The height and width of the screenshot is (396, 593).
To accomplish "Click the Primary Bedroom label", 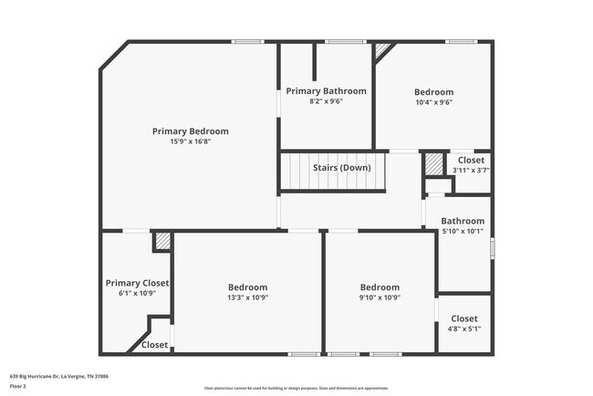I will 190,130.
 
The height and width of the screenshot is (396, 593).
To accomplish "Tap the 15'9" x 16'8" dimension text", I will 190,141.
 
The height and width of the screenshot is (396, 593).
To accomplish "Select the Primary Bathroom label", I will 326,90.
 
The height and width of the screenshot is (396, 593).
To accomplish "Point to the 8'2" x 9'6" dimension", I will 326,101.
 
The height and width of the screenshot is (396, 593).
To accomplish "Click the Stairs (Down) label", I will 341,168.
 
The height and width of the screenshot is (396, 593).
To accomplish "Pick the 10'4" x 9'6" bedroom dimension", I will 433,102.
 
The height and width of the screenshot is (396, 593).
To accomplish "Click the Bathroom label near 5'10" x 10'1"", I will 463,221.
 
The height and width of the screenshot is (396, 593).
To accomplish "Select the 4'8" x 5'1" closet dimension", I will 463,328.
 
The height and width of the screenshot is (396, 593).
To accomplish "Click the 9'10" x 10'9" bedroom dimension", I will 380,297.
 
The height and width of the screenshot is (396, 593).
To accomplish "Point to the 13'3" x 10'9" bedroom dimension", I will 248,297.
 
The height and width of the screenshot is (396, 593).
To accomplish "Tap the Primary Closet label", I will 137,283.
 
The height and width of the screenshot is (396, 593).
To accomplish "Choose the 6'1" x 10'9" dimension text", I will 137,293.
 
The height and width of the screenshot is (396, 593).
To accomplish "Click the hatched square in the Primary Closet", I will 161,240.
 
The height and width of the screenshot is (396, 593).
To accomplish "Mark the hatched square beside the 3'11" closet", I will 432,164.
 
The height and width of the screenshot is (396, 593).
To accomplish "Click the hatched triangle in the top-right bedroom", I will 382,50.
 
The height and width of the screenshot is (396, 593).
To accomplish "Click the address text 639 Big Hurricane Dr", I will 55,375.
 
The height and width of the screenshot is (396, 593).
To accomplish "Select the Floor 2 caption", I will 19,386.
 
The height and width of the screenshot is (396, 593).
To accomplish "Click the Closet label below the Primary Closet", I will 154,345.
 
